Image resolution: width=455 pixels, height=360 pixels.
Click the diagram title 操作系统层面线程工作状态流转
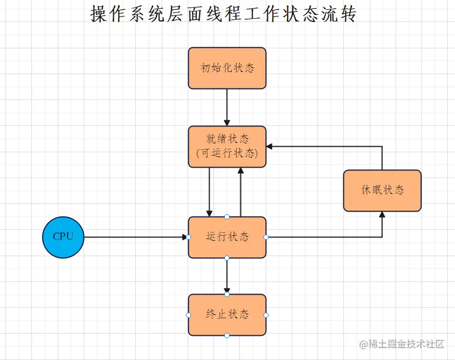point(223,14)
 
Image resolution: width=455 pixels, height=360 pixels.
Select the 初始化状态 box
point(227,68)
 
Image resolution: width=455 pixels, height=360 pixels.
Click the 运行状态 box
point(227,237)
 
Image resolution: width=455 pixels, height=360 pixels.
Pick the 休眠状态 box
point(382,190)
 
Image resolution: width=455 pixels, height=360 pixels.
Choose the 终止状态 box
point(227,315)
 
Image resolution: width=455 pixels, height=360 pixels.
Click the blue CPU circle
point(63,237)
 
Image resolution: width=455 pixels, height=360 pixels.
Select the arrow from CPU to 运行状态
point(135,237)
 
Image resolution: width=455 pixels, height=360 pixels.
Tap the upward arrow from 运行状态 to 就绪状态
point(240,192)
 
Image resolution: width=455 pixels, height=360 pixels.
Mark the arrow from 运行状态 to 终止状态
point(227,275)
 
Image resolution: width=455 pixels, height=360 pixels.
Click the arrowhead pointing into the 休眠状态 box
point(382,215)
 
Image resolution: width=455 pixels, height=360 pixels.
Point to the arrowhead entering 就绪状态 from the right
point(270,147)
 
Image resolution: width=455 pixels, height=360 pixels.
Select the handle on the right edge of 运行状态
point(266,237)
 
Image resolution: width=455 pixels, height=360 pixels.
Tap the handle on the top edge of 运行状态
point(227,217)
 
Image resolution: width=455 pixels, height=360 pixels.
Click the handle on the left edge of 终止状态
point(188,315)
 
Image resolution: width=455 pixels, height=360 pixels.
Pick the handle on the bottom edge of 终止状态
point(227,335)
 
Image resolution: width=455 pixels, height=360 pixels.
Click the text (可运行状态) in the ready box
point(227,154)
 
